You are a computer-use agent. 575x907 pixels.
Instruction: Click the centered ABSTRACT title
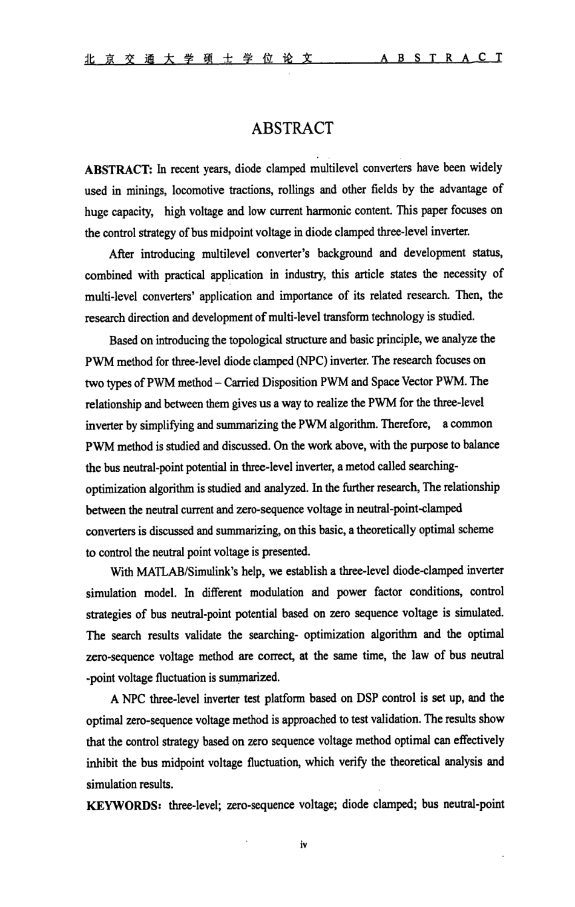click(x=292, y=128)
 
